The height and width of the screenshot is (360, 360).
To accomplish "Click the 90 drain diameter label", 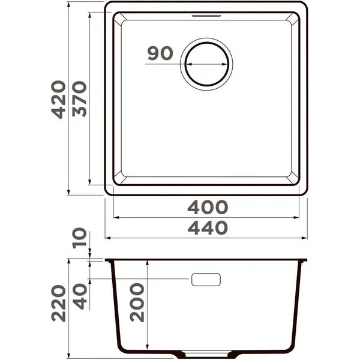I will pyautogui.click(x=160, y=53).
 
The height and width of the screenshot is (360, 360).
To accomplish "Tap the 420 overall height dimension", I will pyautogui.click(x=58, y=99).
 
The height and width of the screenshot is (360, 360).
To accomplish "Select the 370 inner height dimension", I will pyautogui.click(x=79, y=99).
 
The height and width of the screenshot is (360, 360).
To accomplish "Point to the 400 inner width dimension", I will pyautogui.click(x=208, y=207).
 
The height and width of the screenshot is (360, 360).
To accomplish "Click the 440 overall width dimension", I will pyautogui.click(x=208, y=228).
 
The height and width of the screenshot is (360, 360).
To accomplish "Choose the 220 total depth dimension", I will pyautogui.click(x=58, y=303).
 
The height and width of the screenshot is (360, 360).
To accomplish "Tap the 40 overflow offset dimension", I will pyautogui.click(x=79, y=296).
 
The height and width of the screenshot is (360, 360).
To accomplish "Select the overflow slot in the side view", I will pyautogui.click(x=206, y=280).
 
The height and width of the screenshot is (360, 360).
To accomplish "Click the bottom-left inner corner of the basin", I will pyautogui.click(x=119, y=180).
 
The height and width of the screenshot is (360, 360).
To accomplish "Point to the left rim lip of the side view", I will pyautogui.click(x=109, y=260).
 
